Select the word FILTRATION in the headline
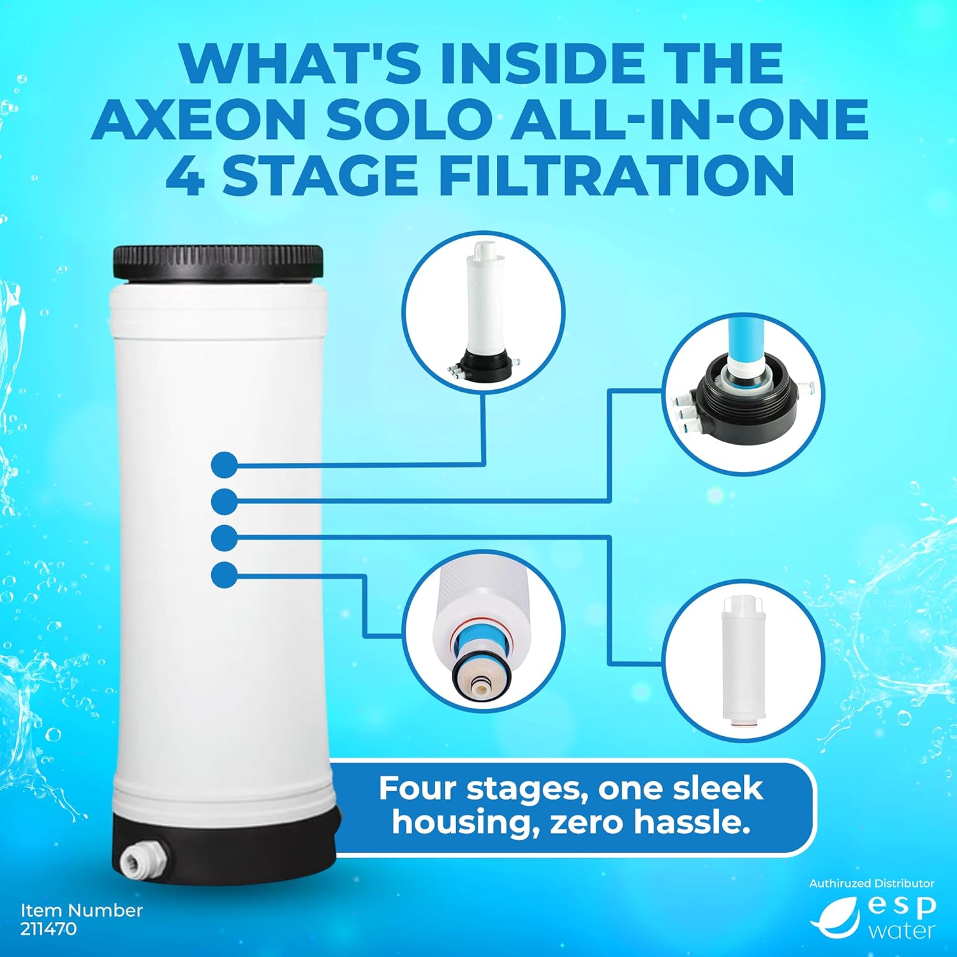click(x=616, y=175)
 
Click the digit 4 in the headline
click(x=186, y=175)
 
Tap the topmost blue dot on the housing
click(x=224, y=464)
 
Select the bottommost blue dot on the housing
click(x=224, y=575)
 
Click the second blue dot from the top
click(x=224, y=501)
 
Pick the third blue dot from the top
click(x=224, y=538)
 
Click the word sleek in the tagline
click(x=724, y=789)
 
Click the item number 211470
click(x=48, y=928)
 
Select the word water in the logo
click(x=901, y=930)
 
